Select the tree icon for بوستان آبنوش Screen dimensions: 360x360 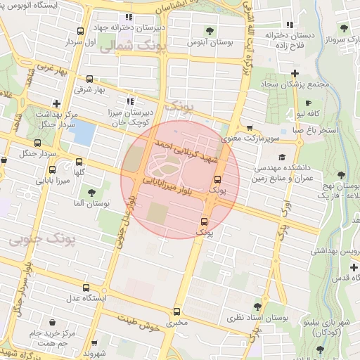coord(210,30)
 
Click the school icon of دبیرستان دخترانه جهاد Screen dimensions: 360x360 coord(127,18)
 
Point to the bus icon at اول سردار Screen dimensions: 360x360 coord(81,32)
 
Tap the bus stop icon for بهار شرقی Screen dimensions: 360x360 coord(90,79)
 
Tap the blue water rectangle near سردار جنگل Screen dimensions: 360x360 coord(82,132)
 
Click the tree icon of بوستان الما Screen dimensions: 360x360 coord(91,192)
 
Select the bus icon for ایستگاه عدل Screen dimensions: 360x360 coord(86,288)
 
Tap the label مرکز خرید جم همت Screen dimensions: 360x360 coord(44,337)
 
